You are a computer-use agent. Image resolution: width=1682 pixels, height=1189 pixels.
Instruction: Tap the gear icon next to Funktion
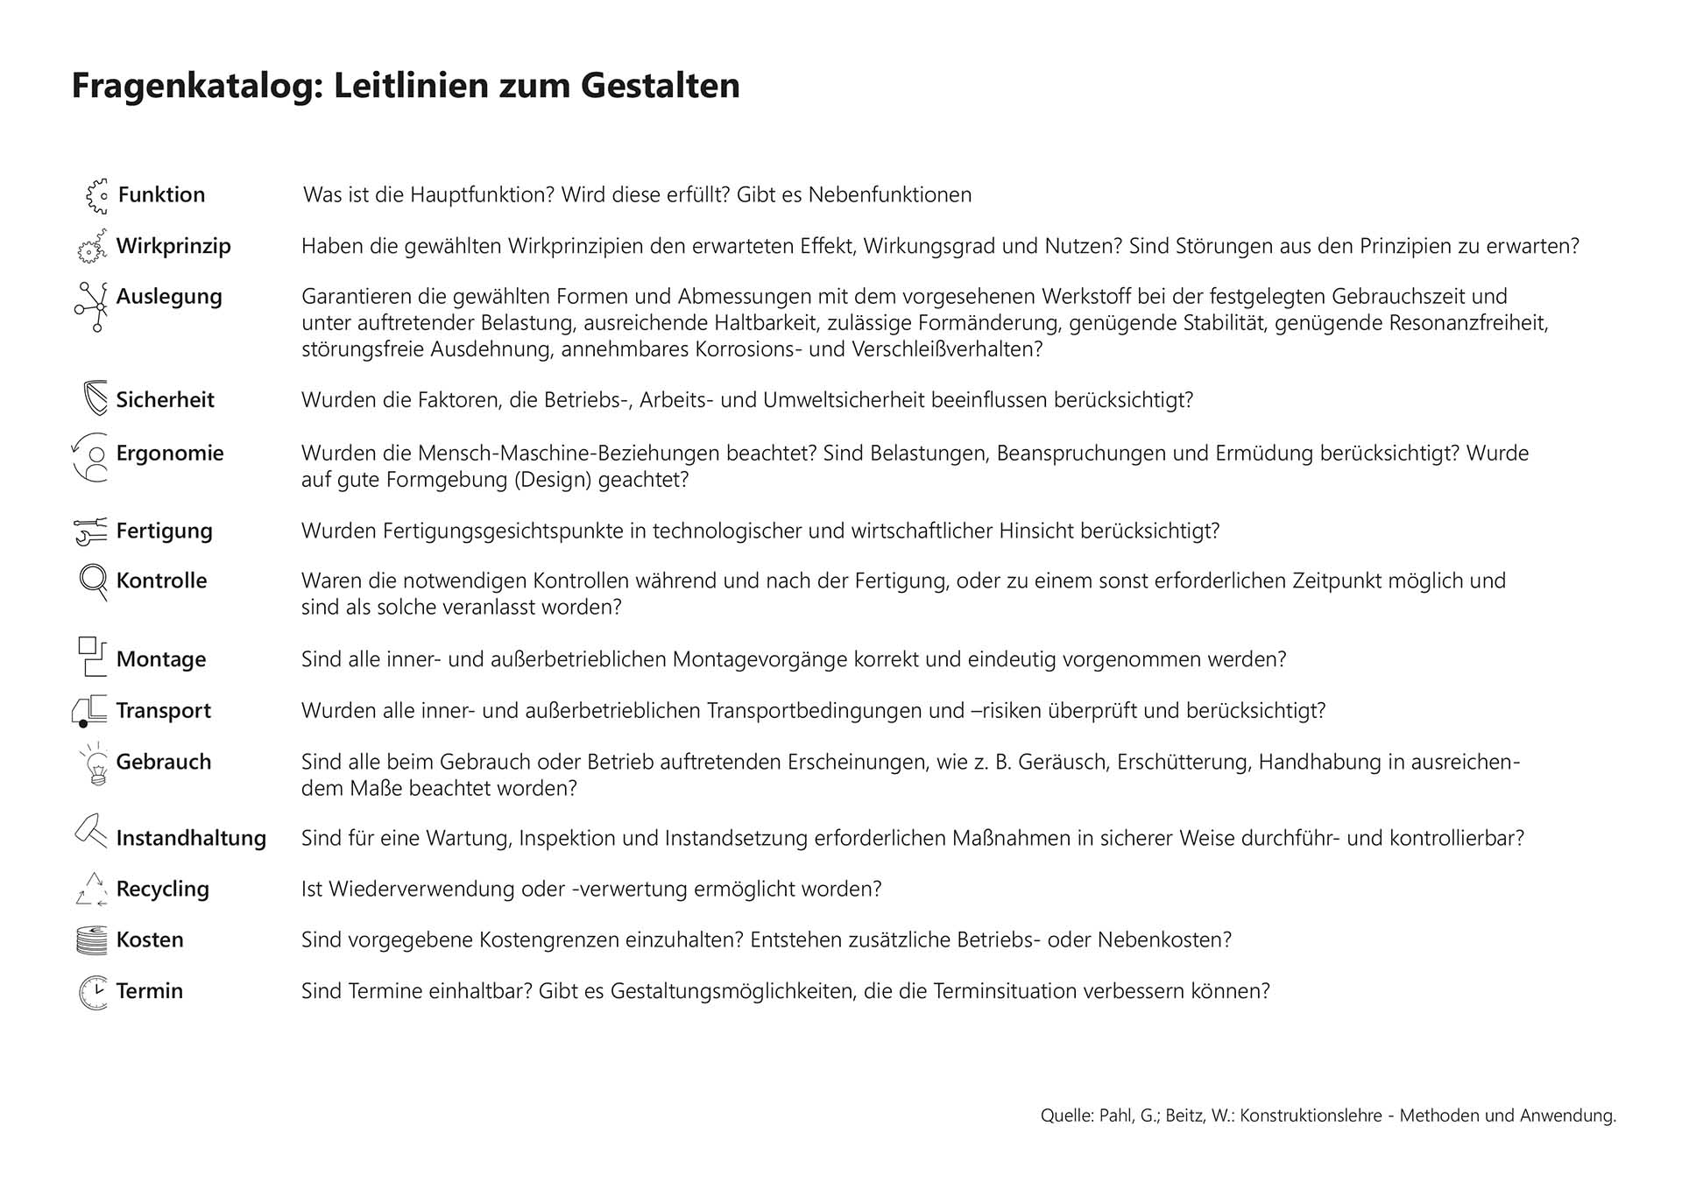tap(96, 196)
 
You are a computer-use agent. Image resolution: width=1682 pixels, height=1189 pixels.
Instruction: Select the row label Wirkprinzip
tap(173, 246)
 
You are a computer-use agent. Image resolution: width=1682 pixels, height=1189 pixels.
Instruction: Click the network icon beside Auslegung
tap(92, 306)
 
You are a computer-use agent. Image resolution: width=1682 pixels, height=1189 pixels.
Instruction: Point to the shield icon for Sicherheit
tap(95, 399)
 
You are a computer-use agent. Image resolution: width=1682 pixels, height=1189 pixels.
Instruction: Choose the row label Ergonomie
tap(170, 454)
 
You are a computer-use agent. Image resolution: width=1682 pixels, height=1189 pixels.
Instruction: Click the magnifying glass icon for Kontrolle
tap(93, 581)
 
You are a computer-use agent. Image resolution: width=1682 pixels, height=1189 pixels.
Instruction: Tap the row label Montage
tap(161, 659)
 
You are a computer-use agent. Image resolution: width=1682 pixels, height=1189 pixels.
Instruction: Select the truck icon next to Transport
tap(90, 711)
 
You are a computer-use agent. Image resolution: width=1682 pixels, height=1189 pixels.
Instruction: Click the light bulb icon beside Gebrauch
tap(95, 764)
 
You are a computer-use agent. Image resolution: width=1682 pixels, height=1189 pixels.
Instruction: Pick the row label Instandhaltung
tap(191, 838)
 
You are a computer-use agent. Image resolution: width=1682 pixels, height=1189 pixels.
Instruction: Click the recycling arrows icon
tap(92, 890)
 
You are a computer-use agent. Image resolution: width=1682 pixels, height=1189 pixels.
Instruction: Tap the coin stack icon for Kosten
tap(92, 940)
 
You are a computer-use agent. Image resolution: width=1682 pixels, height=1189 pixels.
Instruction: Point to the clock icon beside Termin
tap(93, 992)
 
